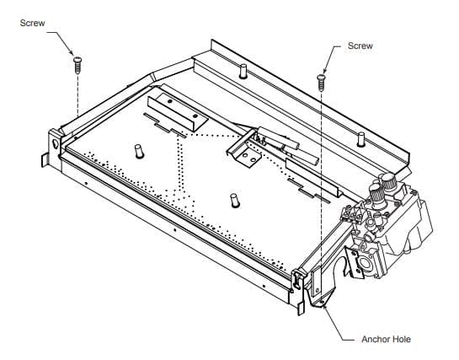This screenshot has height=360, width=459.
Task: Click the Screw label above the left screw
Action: click(x=33, y=23)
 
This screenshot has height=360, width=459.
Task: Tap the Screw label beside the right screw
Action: click(x=360, y=46)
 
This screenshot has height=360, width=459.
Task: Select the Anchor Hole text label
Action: click(x=386, y=339)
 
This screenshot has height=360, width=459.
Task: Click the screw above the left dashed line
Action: click(x=77, y=65)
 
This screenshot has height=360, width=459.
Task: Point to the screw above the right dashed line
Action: click(x=321, y=83)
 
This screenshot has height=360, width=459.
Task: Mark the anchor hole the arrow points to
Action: click(x=322, y=302)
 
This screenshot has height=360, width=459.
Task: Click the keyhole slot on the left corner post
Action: click(x=56, y=143)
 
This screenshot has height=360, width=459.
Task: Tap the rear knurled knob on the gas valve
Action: click(x=390, y=181)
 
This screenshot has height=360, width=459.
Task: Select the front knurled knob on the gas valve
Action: click(x=378, y=194)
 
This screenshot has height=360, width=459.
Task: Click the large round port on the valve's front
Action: click(x=366, y=263)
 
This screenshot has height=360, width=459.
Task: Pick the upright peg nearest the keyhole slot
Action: click(x=139, y=152)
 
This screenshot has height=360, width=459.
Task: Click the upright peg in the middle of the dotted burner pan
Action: click(x=235, y=201)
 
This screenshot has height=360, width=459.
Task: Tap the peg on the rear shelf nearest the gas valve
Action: click(x=361, y=139)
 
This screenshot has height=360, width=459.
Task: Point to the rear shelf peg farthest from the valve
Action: click(x=243, y=72)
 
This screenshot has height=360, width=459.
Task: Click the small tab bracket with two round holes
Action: click(x=248, y=158)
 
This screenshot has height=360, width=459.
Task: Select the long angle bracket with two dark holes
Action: click(x=178, y=112)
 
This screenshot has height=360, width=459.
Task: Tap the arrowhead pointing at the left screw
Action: click(x=71, y=51)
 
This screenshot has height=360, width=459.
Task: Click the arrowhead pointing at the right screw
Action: click(x=325, y=70)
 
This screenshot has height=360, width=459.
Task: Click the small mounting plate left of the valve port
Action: click(x=353, y=262)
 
